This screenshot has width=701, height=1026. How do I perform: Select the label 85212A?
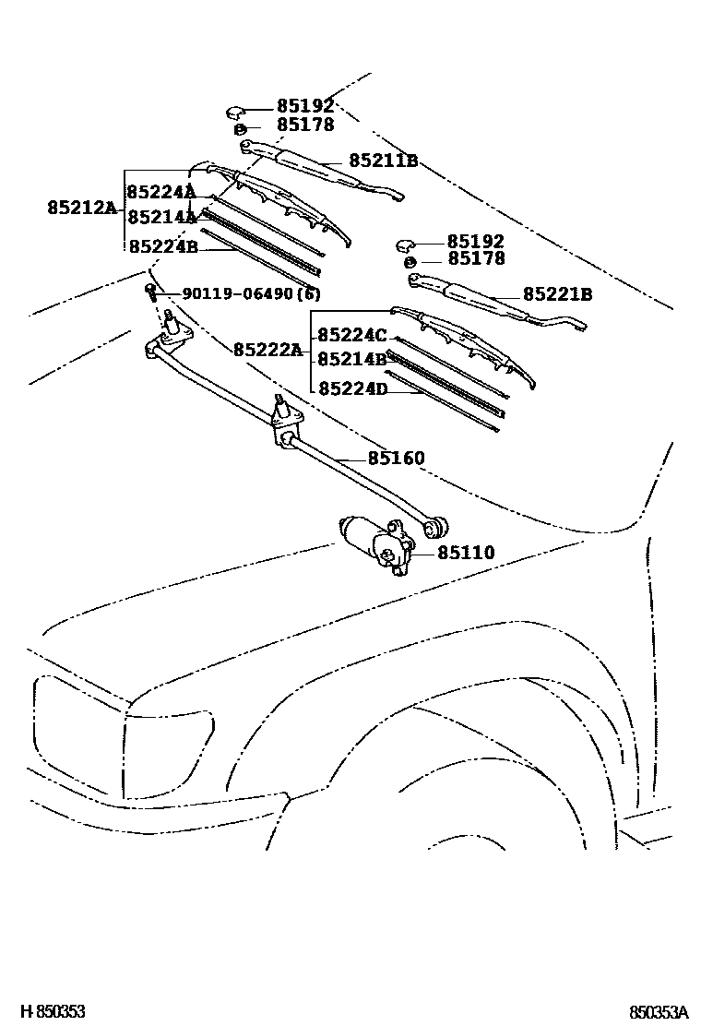click(82, 209)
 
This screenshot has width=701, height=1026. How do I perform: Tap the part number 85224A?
click(161, 192)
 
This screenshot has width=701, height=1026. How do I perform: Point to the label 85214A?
click(161, 218)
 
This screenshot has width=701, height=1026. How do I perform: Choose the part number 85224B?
click(162, 246)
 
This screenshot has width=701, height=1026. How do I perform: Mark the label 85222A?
click(267, 350)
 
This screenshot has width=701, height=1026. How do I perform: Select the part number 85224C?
click(352, 335)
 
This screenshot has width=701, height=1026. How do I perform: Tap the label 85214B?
click(352, 359)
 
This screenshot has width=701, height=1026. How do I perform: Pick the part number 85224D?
click(352, 388)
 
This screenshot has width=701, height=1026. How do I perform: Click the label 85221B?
click(557, 294)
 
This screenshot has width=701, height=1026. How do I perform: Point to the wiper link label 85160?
click(396, 458)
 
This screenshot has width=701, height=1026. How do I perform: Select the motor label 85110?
click(466, 553)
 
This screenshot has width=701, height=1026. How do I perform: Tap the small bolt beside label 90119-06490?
click(149, 292)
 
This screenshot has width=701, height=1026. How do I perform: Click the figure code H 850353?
click(53, 1011)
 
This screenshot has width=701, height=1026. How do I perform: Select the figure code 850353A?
click(659, 1011)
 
